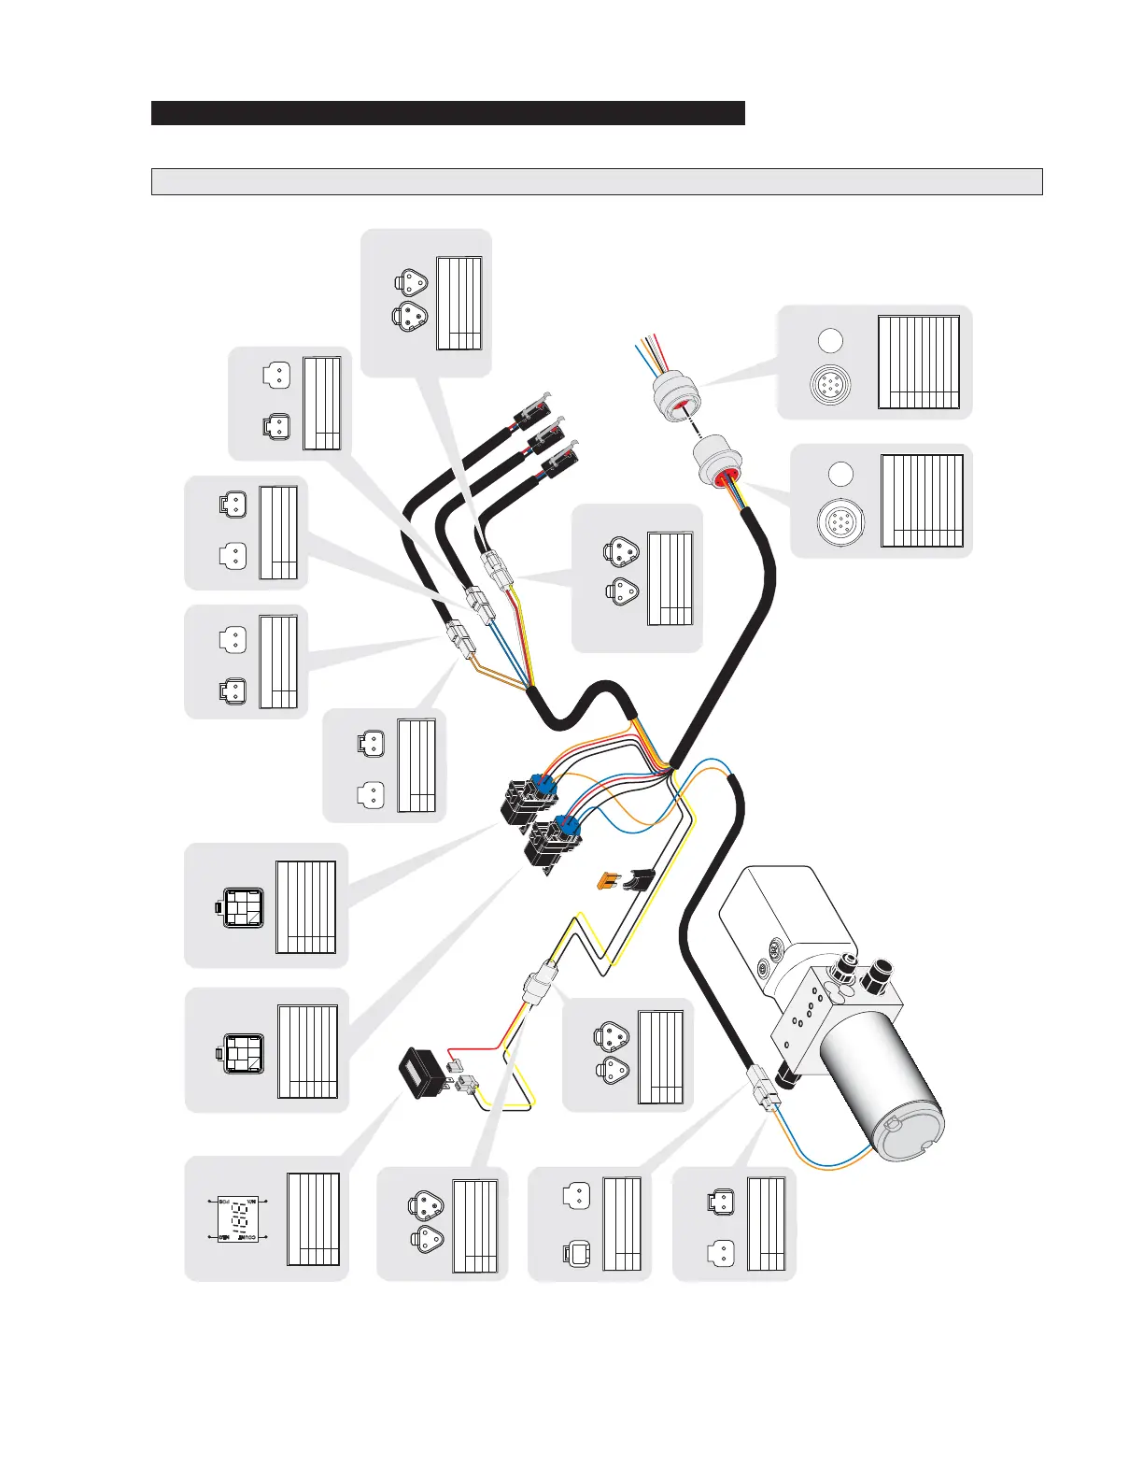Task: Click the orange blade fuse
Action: pos(609,880)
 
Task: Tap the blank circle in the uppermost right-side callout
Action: pos(830,341)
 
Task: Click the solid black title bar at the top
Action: pos(447,113)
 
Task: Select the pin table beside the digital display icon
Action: pos(313,1219)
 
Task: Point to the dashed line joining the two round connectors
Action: pos(696,428)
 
